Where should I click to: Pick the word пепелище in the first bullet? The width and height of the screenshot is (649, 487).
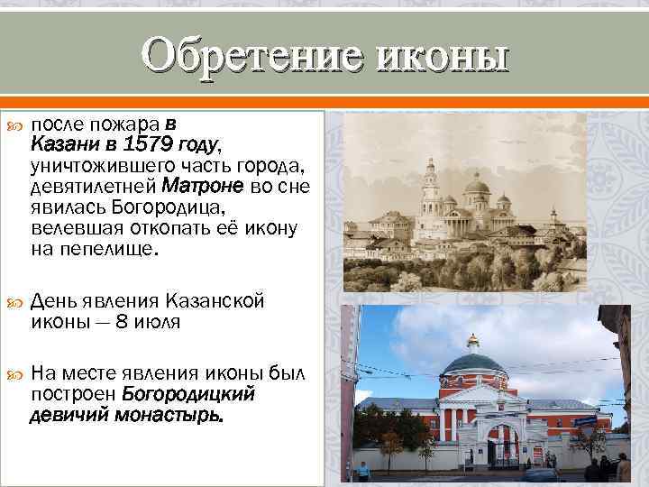[112, 248]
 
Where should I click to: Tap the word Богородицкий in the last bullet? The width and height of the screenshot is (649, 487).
[188, 394]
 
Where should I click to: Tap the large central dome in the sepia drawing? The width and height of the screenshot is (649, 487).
[477, 188]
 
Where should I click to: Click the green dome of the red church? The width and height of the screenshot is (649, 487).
[473, 364]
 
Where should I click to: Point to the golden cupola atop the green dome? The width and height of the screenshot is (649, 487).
[472, 341]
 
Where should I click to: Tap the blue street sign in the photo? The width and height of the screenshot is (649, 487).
[583, 420]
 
